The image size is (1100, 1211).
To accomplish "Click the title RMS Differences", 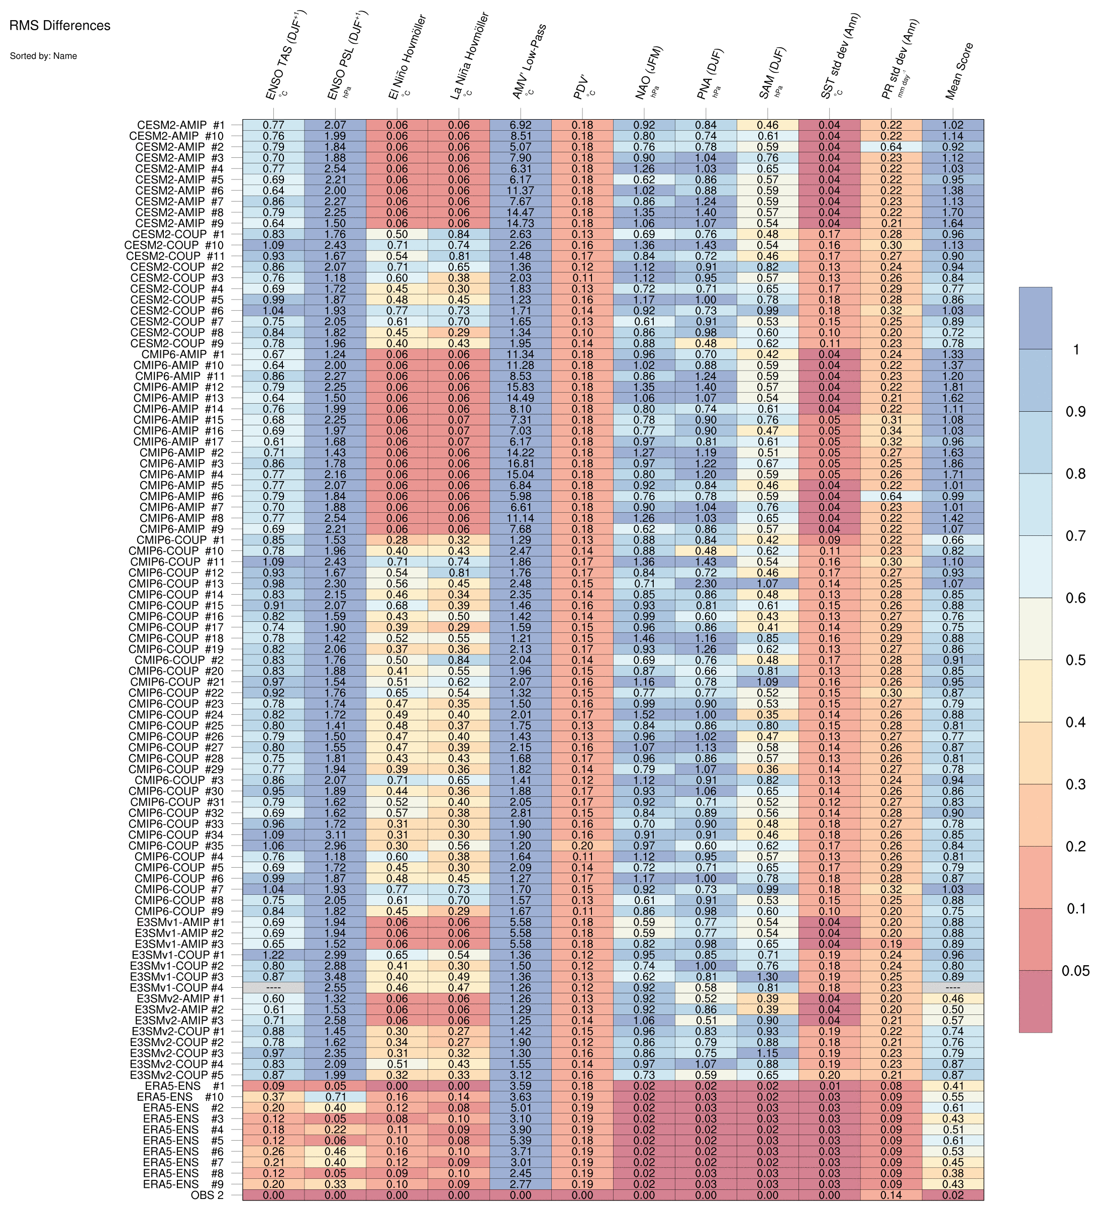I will click(x=60, y=26).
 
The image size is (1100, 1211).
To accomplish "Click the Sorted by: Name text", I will click(x=43, y=56).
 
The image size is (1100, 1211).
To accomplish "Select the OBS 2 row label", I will click(x=207, y=1195).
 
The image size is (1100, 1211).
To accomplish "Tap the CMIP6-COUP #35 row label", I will click(x=176, y=846).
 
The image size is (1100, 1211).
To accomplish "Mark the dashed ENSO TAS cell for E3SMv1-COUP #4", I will click(x=273, y=987).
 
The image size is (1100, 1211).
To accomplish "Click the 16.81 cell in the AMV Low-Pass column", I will click(x=520, y=463).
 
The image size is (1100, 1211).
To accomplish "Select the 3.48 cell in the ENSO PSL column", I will click(x=335, y=977).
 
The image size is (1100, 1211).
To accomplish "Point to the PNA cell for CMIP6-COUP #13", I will click(x=706, y=583).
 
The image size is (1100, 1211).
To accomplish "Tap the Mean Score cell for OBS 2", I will click(x=952, y=1195).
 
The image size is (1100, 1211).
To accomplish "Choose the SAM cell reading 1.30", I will click(x=767, y=977).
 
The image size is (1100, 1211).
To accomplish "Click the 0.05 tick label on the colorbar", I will click(x=1075, y=971).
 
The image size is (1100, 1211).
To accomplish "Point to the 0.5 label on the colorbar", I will click(x=1075, y=660).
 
